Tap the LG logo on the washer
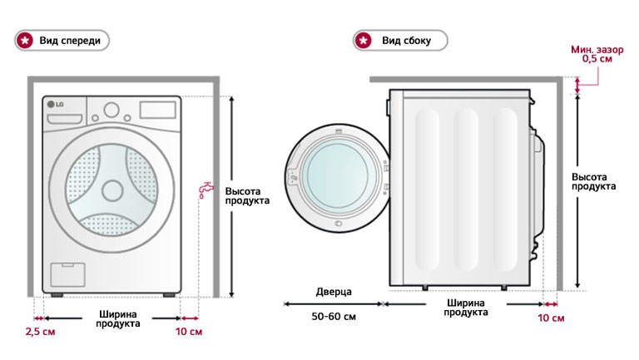[55, 104]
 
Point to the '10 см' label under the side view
[551, 319]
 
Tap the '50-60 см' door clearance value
[334, 318]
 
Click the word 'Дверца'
[334, 293]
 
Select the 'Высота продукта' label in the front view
[248, 195]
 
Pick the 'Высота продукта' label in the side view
[594, 181]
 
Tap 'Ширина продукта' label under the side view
[465, 308]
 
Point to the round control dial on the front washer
[111, 111]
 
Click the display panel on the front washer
[156, 110]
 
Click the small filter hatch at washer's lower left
[62, 275]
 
